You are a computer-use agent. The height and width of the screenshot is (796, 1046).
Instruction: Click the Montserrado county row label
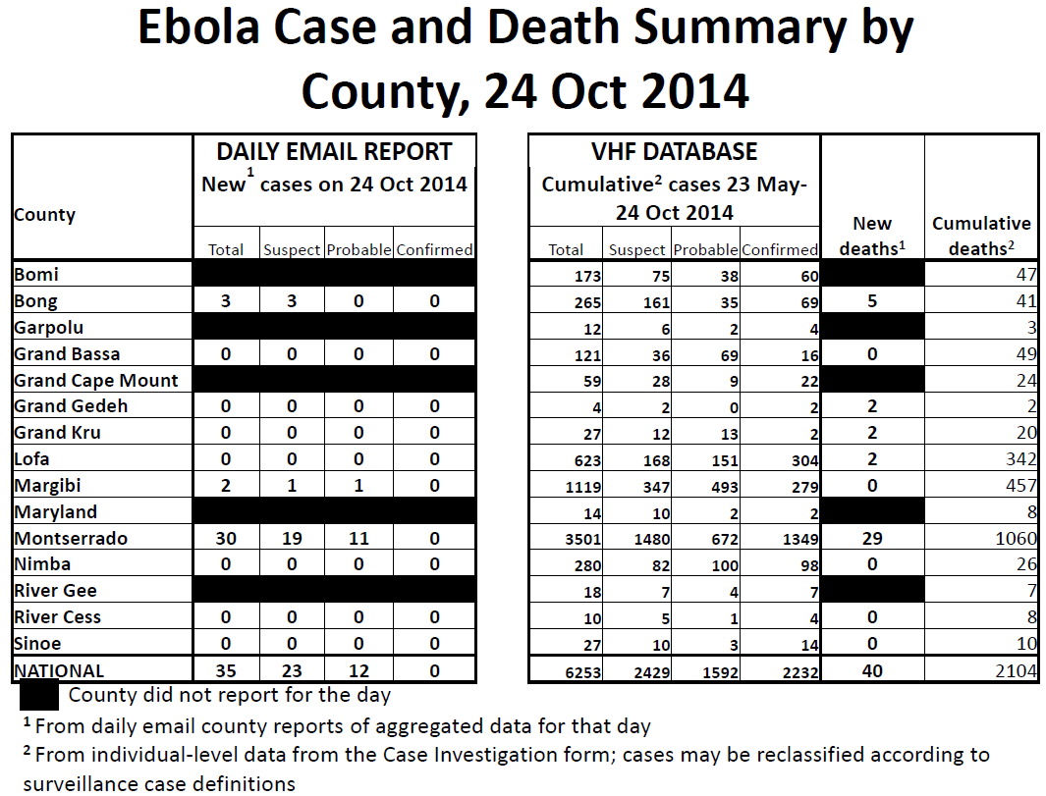[71, 538]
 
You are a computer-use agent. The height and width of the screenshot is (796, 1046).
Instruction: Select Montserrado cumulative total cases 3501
[583, 539]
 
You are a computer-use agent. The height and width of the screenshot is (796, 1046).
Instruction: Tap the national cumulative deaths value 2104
[1016, 670]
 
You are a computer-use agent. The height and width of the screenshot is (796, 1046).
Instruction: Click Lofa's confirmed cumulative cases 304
[805, 460]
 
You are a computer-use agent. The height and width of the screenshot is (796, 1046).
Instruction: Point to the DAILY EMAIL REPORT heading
[334, 152]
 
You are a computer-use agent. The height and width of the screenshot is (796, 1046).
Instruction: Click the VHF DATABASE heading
[674, 152]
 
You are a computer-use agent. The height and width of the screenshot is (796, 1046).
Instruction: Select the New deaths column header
[872, 236]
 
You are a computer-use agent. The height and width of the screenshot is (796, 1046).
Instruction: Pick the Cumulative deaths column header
[981, 236]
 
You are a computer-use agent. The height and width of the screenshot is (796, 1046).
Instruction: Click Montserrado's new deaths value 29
[872, 539]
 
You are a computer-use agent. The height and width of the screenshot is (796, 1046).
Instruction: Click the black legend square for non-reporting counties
[39, 695]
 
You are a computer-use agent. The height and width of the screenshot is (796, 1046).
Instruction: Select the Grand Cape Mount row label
[96, 380]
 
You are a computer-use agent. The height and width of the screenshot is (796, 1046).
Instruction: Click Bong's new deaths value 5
[872, 301]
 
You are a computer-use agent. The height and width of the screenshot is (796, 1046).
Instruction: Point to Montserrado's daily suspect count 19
[292, 539]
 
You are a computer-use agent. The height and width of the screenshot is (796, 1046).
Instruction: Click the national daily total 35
[226, 670]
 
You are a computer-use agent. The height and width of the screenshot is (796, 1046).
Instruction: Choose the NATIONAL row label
[59, 670]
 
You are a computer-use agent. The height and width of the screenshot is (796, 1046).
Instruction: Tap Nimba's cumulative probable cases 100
[725, 566]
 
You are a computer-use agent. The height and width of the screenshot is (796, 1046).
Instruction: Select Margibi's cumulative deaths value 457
[1020, 485]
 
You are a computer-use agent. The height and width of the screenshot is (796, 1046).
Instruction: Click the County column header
[45, 215]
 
